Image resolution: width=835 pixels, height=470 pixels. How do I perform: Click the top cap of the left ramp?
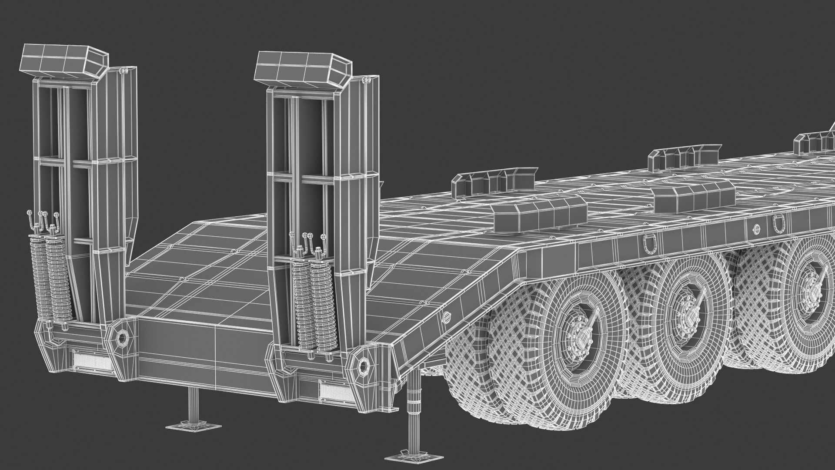(64, 61)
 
